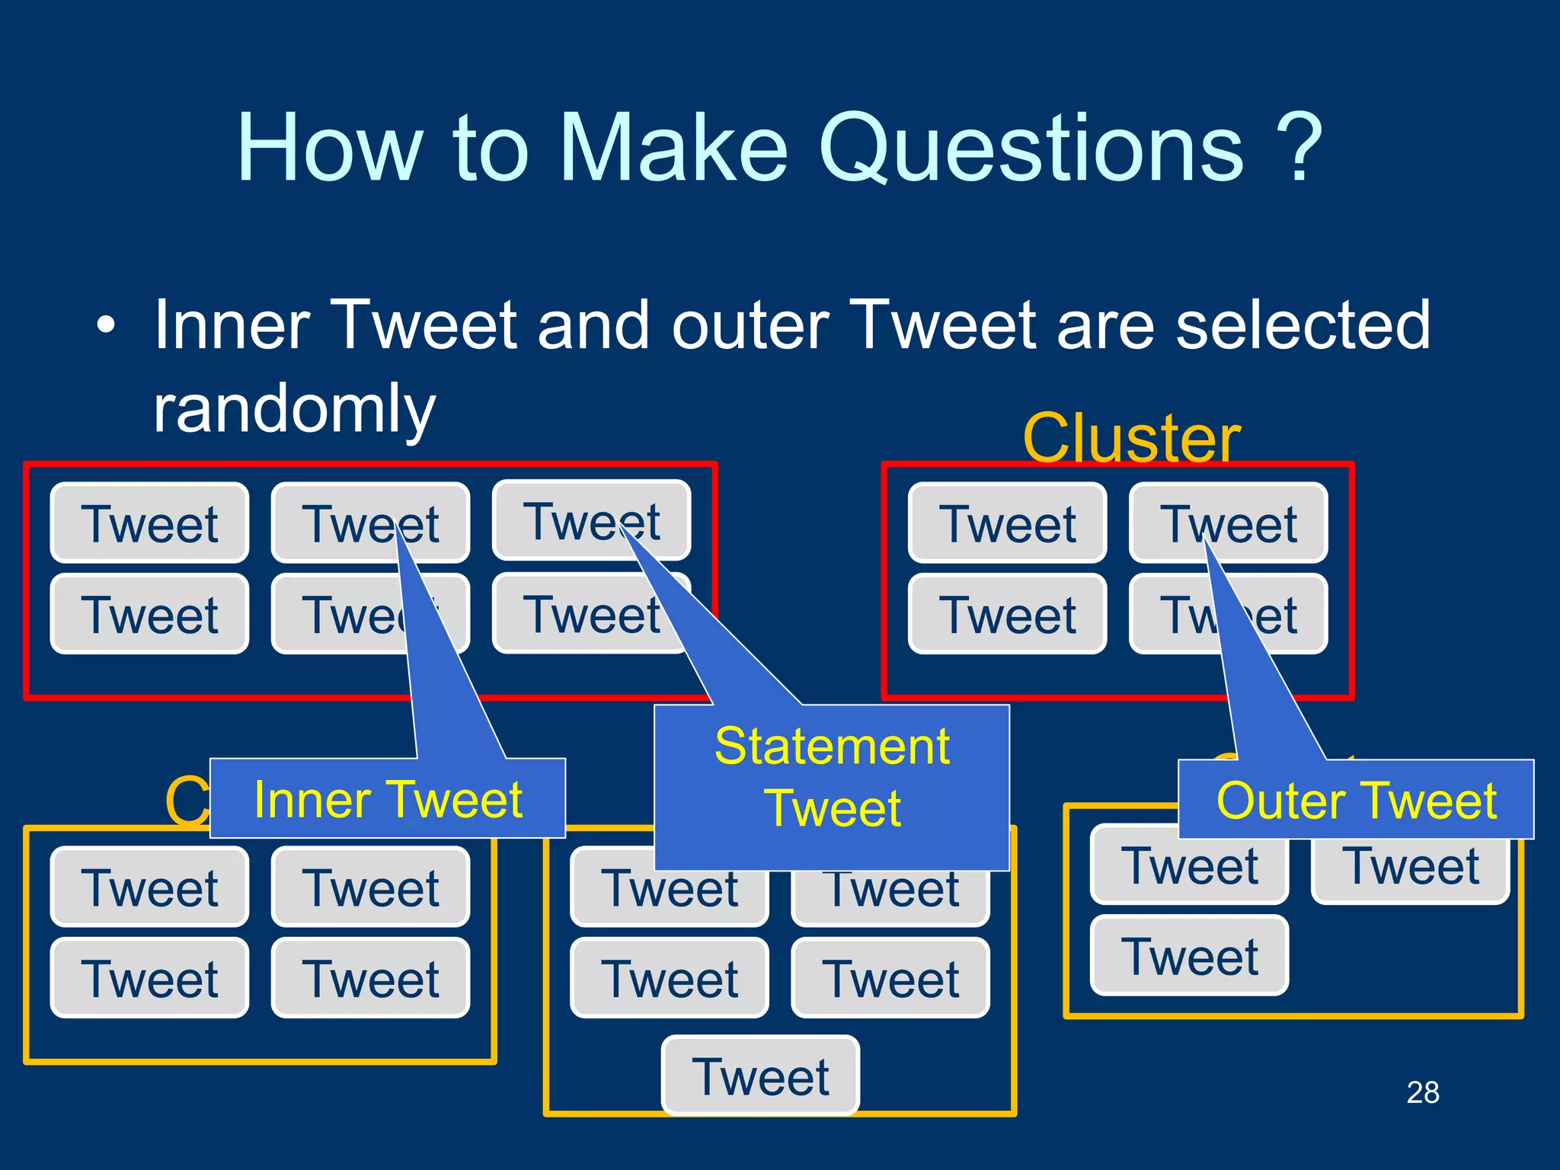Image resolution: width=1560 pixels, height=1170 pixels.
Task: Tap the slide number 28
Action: tap(1422, 1092)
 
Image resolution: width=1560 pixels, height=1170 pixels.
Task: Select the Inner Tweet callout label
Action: tap(388, 799)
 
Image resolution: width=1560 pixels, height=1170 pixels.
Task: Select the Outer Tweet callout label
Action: tap(1356, 801)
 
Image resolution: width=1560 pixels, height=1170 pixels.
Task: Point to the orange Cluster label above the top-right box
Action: tap(1131, 438)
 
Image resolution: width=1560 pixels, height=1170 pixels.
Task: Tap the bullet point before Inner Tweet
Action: tap(107, 326)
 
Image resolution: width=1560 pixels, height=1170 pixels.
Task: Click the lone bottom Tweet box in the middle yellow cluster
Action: tap(760, 1076)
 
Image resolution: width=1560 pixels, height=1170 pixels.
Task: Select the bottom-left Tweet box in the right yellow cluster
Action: tap(1189, 956)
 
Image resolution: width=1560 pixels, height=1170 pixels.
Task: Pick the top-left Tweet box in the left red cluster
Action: tap(149, 523)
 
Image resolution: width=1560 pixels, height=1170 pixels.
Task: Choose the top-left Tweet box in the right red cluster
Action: tap(1007, 523)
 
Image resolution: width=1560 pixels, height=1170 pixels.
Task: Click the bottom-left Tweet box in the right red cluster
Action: tap(1007, 614)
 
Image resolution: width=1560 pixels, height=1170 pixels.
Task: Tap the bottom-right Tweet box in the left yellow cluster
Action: tap(370, 978)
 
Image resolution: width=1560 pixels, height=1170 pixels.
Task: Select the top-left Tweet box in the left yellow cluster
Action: tap(149, 887)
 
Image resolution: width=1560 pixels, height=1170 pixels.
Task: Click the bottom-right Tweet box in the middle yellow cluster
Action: tap(890, 978)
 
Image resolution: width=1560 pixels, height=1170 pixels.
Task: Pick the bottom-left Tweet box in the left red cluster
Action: tap(149, 614)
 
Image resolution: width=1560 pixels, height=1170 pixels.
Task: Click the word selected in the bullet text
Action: tap(1303, 325)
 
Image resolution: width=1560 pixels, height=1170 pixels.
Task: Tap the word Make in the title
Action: tap(673, 149)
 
